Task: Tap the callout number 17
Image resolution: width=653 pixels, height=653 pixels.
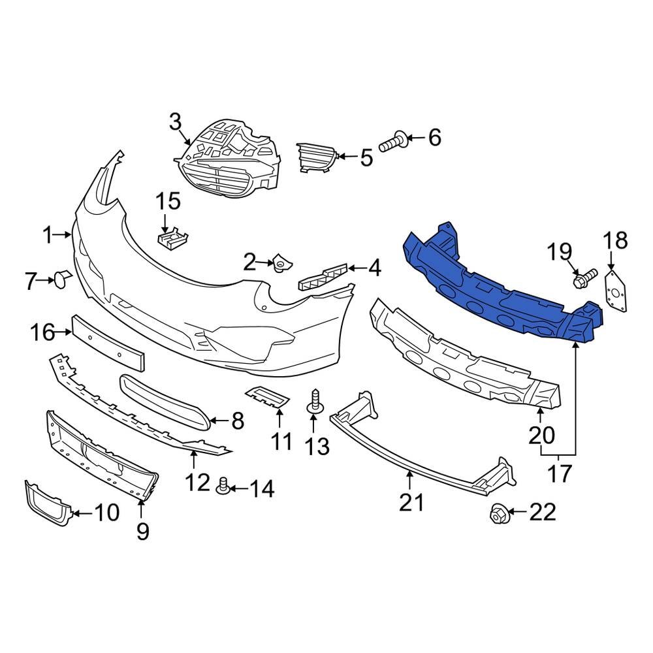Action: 559,472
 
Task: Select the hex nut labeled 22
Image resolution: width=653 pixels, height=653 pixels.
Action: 498,515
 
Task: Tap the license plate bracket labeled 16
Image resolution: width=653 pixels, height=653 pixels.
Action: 108,342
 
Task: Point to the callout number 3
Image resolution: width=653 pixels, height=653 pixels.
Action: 175,122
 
